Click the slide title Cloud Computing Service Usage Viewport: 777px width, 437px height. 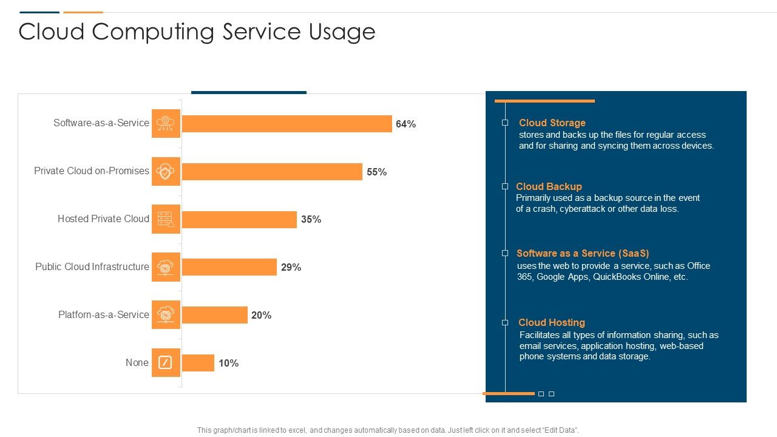[197, 32]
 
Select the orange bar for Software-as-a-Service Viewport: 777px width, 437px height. [287, 124]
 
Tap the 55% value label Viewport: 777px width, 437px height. [376, 172]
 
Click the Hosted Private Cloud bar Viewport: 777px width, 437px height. [239, 220]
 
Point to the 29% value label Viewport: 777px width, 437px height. [291, 267]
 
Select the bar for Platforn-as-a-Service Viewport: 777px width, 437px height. [214, 315]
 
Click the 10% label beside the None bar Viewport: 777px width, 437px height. [228, 363]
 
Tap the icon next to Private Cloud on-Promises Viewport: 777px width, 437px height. [166, 172]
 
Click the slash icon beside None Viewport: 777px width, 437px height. [166, 363]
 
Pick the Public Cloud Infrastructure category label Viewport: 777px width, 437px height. [92, 266]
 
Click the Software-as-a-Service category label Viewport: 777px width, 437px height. [101, 123]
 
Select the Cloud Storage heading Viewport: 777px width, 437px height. [552, 123]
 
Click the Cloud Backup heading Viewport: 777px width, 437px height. [549, 186]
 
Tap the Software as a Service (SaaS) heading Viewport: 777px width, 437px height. [583, 253]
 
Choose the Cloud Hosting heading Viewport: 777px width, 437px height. [551, 322]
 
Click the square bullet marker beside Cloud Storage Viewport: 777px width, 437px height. [505, 123]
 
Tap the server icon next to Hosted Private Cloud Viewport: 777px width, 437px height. [166, 220]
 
